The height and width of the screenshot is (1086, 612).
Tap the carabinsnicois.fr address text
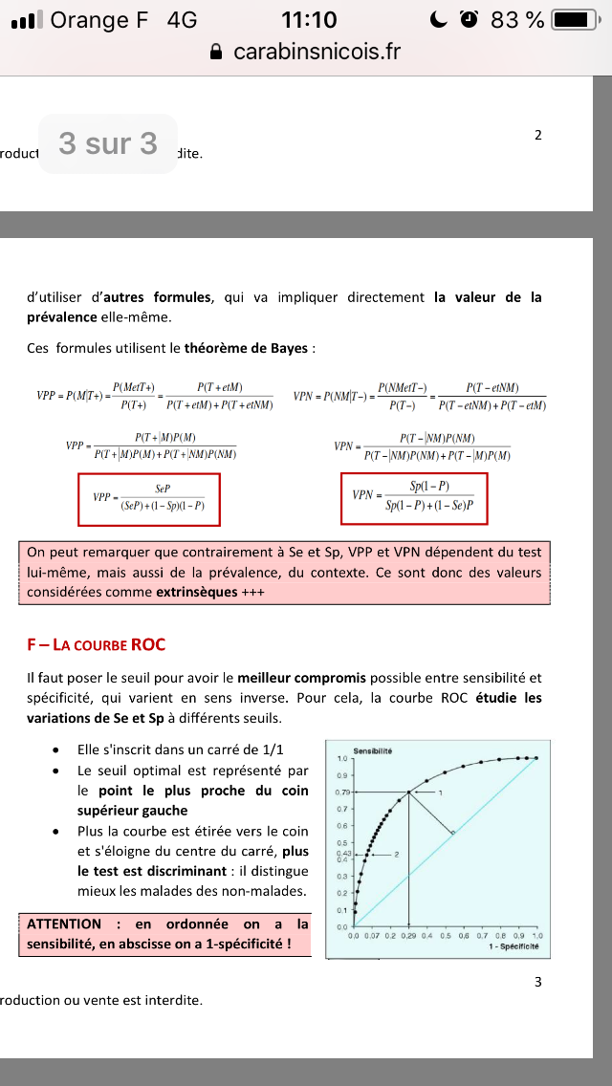pos(317,52)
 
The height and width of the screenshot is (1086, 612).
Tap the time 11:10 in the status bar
pos(310,19)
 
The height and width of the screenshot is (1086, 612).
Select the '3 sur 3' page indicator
pos(107,143)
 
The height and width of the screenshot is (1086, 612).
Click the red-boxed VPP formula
pos(149,499)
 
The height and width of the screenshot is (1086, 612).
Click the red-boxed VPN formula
pos(414,498)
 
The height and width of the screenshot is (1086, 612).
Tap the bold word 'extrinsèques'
pos(197,592)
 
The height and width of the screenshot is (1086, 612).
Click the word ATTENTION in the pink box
pos(64,923)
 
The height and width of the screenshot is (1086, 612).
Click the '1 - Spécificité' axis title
pos(514,946)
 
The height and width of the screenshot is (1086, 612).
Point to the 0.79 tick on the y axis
pos(343,793)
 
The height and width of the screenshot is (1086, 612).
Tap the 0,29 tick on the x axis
pos(409,936)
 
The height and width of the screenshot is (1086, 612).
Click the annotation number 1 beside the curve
pos(441,793)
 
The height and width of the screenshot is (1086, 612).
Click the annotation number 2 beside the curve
pos(396,852)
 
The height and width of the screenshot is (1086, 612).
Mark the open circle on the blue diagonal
pos(452,834)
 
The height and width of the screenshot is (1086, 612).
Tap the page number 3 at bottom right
pos(537,982)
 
